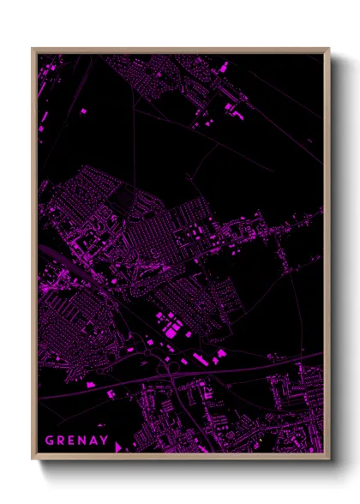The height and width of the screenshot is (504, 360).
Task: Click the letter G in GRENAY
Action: click(50, 441)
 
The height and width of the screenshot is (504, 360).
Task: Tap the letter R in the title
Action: click(63, 441)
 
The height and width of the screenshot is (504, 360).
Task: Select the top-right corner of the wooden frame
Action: click(328, 50)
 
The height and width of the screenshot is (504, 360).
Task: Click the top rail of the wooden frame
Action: click(180, 50)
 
